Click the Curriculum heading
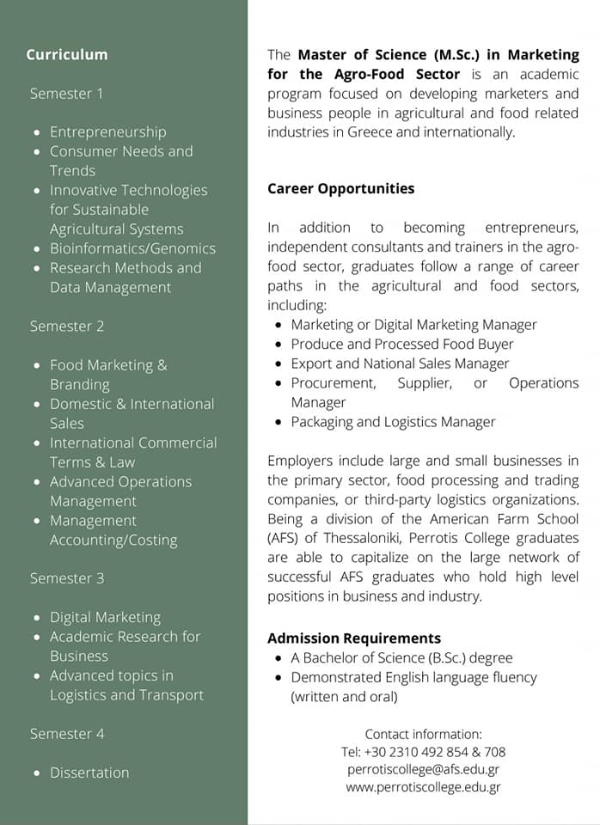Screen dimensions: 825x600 tap(67, 55)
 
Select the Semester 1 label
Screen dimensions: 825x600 tap(66, 93)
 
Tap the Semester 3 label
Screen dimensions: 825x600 tap(67, 578)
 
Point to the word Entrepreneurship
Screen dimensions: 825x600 tap(108, 131)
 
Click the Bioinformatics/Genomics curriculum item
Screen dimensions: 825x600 tap(132, 248)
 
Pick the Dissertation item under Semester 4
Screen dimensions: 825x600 tap(89, 773)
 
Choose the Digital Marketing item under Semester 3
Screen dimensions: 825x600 tap(105, 617)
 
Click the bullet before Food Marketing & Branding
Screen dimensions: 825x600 tap(36, 366)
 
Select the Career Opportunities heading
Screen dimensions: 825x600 tap(340, 188)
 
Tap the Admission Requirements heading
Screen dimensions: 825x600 tap(354, 639)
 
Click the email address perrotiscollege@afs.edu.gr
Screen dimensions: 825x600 tap(423, 769)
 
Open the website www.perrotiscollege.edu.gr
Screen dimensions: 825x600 tap(423, 786)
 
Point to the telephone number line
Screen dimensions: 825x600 tap(423, 752)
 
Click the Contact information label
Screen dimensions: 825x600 tap(423, 734)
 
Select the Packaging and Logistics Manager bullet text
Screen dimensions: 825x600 tap(393, 422)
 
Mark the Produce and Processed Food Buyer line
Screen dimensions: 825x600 tap(401, 344)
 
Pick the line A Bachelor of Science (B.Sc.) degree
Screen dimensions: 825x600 tap(401, 658)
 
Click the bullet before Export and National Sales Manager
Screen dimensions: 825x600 tap(279, 364)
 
